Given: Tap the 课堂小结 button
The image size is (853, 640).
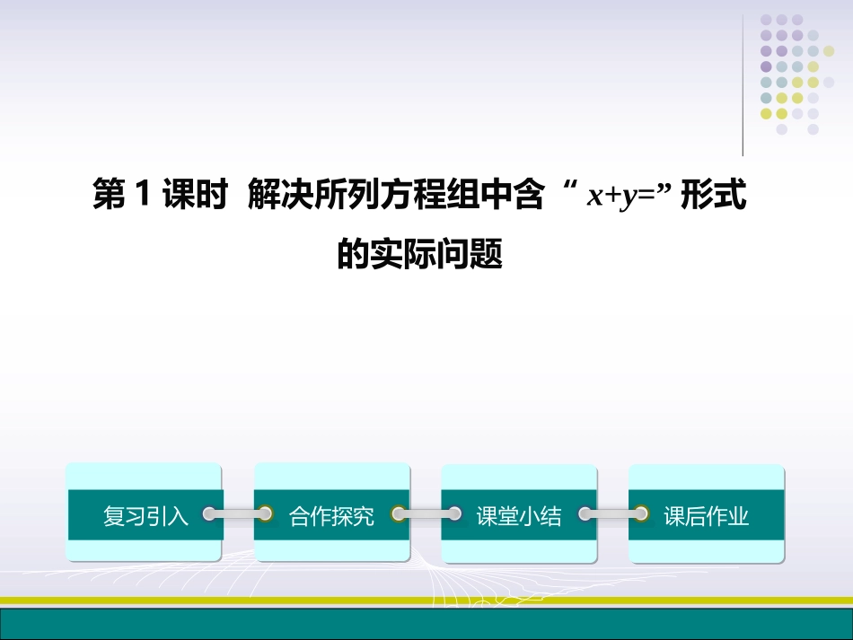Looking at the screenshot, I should pos(519,515).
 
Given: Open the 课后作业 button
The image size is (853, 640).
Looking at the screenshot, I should pos(706,515).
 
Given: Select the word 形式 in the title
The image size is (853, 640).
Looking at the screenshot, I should pos(714,197).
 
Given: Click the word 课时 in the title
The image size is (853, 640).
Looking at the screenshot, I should pos(195,197).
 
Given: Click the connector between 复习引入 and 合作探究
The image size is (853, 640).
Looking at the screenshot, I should pos(238,514).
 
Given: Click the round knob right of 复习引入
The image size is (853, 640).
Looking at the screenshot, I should pos(210,514).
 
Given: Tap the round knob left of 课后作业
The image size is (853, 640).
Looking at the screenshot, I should pos(641,514).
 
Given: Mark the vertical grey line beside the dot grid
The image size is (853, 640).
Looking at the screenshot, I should pos(743,85).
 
